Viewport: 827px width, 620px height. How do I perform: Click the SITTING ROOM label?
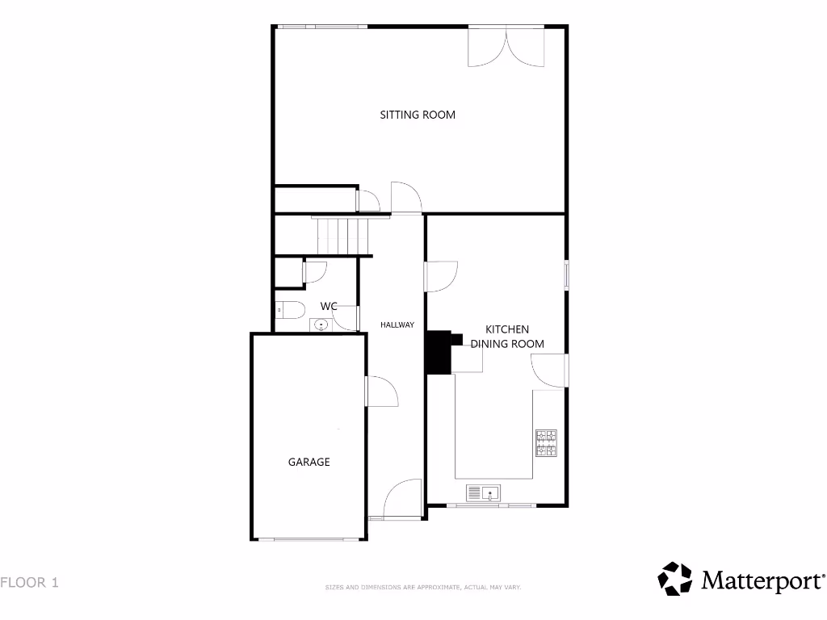pos(418,115)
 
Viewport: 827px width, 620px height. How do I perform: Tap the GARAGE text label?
pos(309,463)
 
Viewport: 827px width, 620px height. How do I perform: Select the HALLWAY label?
pos(397,325)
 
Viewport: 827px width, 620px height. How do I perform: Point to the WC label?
pos(329,306)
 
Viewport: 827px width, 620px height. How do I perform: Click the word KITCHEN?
pos(507,329)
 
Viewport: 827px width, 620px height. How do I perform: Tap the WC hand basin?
pos(321,325)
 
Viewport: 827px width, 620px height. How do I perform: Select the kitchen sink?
pos(484,492)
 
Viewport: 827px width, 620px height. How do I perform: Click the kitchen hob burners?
pos(546,442)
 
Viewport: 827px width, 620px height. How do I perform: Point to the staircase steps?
pos(342,235)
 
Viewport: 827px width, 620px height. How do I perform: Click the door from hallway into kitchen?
pos(441,276)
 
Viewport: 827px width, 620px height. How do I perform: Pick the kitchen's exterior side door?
pos(550,371)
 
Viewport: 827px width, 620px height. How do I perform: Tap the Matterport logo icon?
pos(674,579)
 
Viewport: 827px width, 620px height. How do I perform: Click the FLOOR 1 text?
pos(29,581)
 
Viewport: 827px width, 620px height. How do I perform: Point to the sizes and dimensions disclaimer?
pos(422,587)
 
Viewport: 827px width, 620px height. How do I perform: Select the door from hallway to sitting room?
pos(405,199)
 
